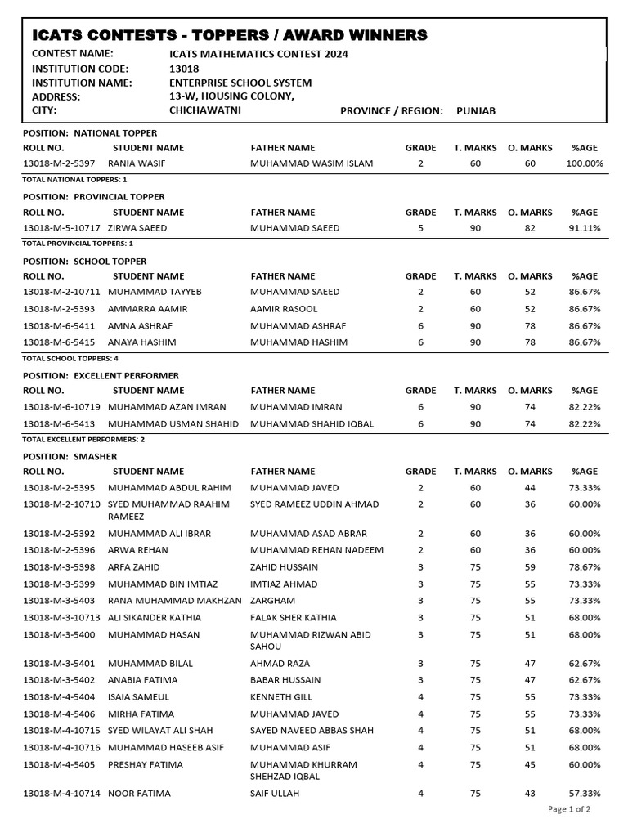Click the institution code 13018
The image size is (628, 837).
tap(183, 69)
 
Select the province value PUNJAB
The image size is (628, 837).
tap(476, 110)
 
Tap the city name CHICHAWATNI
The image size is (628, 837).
tap(204, 110)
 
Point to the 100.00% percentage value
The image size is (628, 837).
tap(585, 163)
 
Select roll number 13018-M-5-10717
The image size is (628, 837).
tap(62, 228)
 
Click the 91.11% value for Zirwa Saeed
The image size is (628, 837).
tap(585, 228)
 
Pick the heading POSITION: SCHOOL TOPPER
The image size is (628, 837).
tap(85, 262)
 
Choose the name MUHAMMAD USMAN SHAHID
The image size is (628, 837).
tap(173, 424)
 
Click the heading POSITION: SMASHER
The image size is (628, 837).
tap(70, 456)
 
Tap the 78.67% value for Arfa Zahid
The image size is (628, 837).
tap(585, 566)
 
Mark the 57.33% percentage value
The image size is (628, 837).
tap(585, 793)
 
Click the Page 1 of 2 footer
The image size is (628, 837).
tap(569, 809)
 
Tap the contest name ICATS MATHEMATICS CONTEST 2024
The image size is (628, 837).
tap(258, 54)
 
